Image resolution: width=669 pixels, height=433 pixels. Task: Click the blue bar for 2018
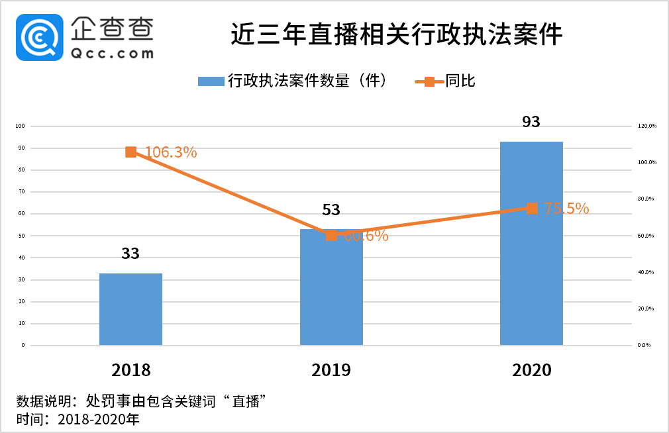click(x=130, y=309)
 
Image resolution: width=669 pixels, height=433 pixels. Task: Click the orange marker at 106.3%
click(x=130, y=152)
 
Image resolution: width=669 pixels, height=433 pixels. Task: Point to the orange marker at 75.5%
click(x=531, y=208)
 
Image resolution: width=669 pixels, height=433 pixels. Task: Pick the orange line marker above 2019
click(x=331, y=235)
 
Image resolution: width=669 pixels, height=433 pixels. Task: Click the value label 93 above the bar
click(x=531, y=122)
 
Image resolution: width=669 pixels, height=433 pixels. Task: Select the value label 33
click(x=130, y=254)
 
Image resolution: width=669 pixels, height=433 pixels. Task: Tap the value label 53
click(x=331, y=210)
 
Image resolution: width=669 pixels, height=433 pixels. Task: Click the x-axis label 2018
click(x=130, y=369)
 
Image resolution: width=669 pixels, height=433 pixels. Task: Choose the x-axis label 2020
click(x=531, y=369)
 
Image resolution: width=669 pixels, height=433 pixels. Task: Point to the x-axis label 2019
click(x=331, y=369)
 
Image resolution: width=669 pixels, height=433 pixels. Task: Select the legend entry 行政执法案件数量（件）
click(x=291, y=81)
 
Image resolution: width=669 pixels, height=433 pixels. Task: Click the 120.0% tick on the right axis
click(x=646, y=126)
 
